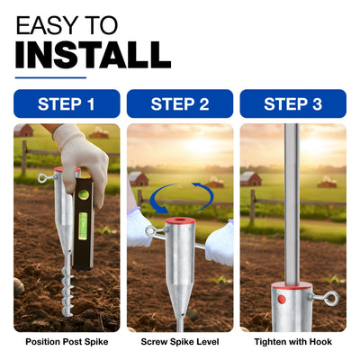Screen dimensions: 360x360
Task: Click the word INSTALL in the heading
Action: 93,55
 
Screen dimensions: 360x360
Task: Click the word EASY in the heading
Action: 47,25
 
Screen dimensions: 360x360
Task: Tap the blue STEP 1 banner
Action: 67,103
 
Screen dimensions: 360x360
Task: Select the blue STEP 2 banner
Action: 180,103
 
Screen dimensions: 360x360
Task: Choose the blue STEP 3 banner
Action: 293,103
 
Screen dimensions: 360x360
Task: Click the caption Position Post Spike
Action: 67,342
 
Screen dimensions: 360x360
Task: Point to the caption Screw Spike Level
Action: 180,342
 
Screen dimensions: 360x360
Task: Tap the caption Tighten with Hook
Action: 293,342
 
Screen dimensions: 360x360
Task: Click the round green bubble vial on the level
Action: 84,195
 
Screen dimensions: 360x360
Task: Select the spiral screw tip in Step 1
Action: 67,291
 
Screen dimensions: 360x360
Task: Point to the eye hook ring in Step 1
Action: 42,178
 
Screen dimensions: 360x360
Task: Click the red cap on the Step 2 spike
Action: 180,221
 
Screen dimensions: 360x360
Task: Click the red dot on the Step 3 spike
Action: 282,299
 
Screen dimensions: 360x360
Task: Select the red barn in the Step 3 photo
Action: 251,178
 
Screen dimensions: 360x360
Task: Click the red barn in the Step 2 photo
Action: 138,178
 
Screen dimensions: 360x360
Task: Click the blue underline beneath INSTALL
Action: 50,77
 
